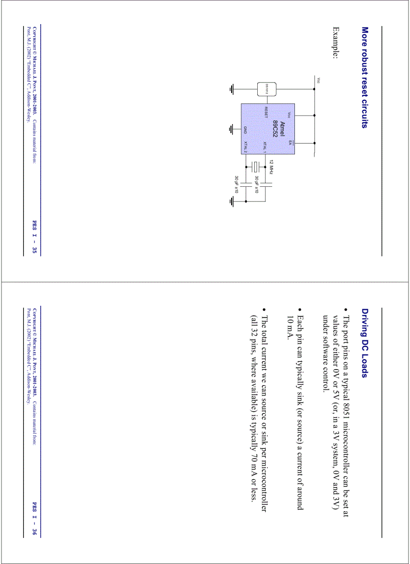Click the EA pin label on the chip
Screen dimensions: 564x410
pos(289,143)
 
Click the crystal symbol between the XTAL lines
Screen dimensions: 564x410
pos(256,167)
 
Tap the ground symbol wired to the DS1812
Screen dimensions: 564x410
pos(232,89)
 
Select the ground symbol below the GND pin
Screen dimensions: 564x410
pos(232,129)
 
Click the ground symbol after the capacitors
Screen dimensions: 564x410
pos(232,202)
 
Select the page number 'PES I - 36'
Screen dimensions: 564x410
pos(35,519)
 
